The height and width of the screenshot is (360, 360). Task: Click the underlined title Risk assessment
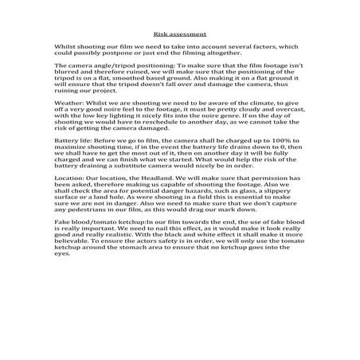pyautogui.click(x=179, y=34)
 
